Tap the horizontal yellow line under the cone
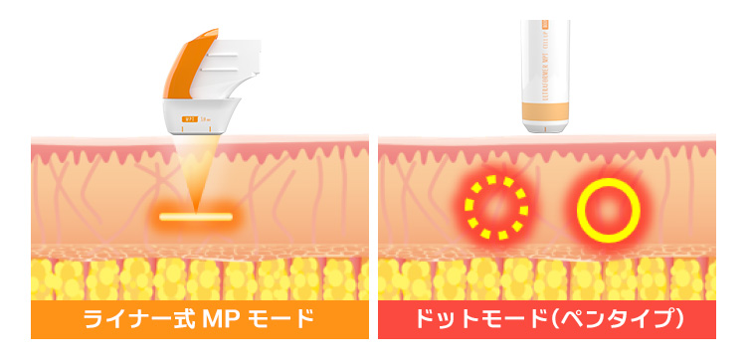(195, 216)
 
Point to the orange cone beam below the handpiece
(196, 169)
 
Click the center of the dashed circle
(496, 208)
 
